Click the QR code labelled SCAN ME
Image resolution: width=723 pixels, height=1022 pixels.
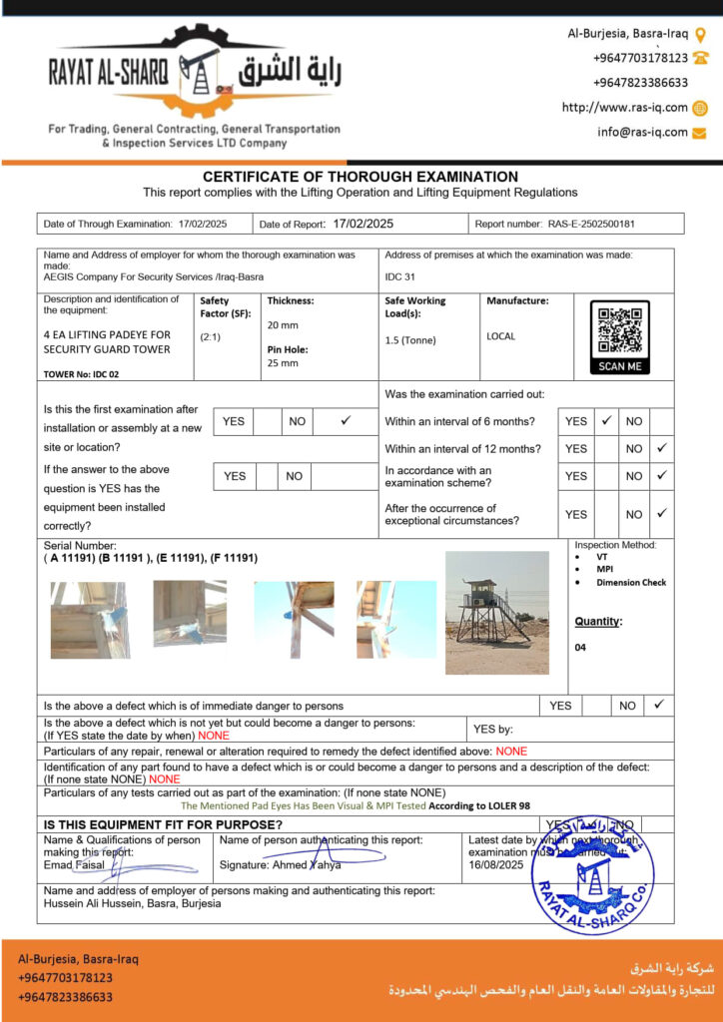(x=619, y=331)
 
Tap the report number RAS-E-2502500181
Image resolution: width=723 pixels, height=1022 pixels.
(x=591, y=225)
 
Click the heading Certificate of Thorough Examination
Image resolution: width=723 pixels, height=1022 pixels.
(x=361, y=177)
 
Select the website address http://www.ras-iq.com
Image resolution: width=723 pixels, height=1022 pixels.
(x=625, y=108)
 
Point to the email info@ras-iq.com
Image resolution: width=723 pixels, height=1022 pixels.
(x=642, y=132)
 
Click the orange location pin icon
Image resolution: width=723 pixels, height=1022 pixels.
(x=701, y=34)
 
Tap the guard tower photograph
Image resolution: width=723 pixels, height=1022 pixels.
(x=496, y=612)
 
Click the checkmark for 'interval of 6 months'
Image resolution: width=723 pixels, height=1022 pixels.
(x=605, y=420)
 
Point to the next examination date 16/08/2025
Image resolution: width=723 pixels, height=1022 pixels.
(x=496, y=865)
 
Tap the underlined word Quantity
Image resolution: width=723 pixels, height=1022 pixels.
(x=597, y=622)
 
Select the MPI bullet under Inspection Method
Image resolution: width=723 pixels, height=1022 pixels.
(x=605, y=570)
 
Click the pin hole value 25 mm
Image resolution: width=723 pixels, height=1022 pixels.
(x=283, y=363)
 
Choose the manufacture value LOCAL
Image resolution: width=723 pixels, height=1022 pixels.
(x=501, y=336)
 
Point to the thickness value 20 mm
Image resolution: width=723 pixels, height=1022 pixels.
(x=283, y=325)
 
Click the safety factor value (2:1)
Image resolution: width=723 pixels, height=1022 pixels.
(x=211, y=336)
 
